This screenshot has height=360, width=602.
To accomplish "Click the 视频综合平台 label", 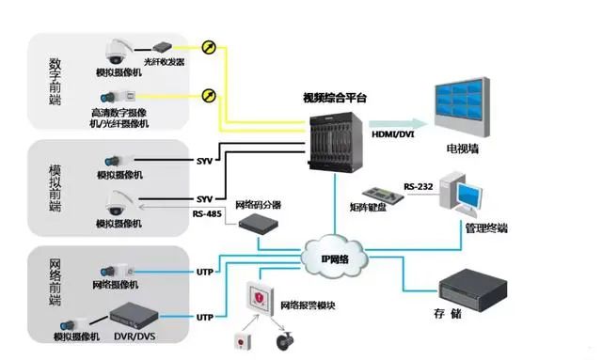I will [337, 97].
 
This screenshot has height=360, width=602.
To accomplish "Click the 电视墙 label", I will [465, 149].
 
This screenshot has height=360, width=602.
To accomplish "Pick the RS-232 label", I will [419, 186].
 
